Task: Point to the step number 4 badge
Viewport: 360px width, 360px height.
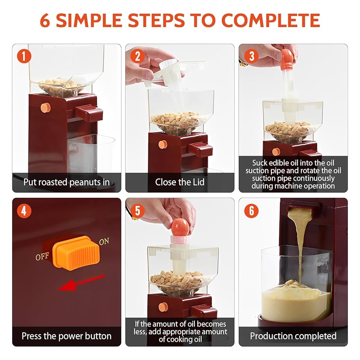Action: tap(24, 210)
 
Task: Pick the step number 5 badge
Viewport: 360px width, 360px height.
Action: tap(138, 210)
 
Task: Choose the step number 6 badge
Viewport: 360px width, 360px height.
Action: tap(251, 210)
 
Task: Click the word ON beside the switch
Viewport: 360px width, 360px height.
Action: tap(104, 242)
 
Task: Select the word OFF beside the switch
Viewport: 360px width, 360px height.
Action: tap(42, 257)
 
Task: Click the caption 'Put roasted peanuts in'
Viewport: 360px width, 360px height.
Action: tap(66, 182)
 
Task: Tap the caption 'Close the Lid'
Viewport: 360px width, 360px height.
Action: tap(180, 182)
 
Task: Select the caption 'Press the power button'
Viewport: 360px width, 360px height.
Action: tap(66, 336)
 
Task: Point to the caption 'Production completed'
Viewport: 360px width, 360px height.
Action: tap(293, 336)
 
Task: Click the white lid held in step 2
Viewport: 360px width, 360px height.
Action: tap(173, 68)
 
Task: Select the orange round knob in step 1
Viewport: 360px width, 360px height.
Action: tap(46, 108)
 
